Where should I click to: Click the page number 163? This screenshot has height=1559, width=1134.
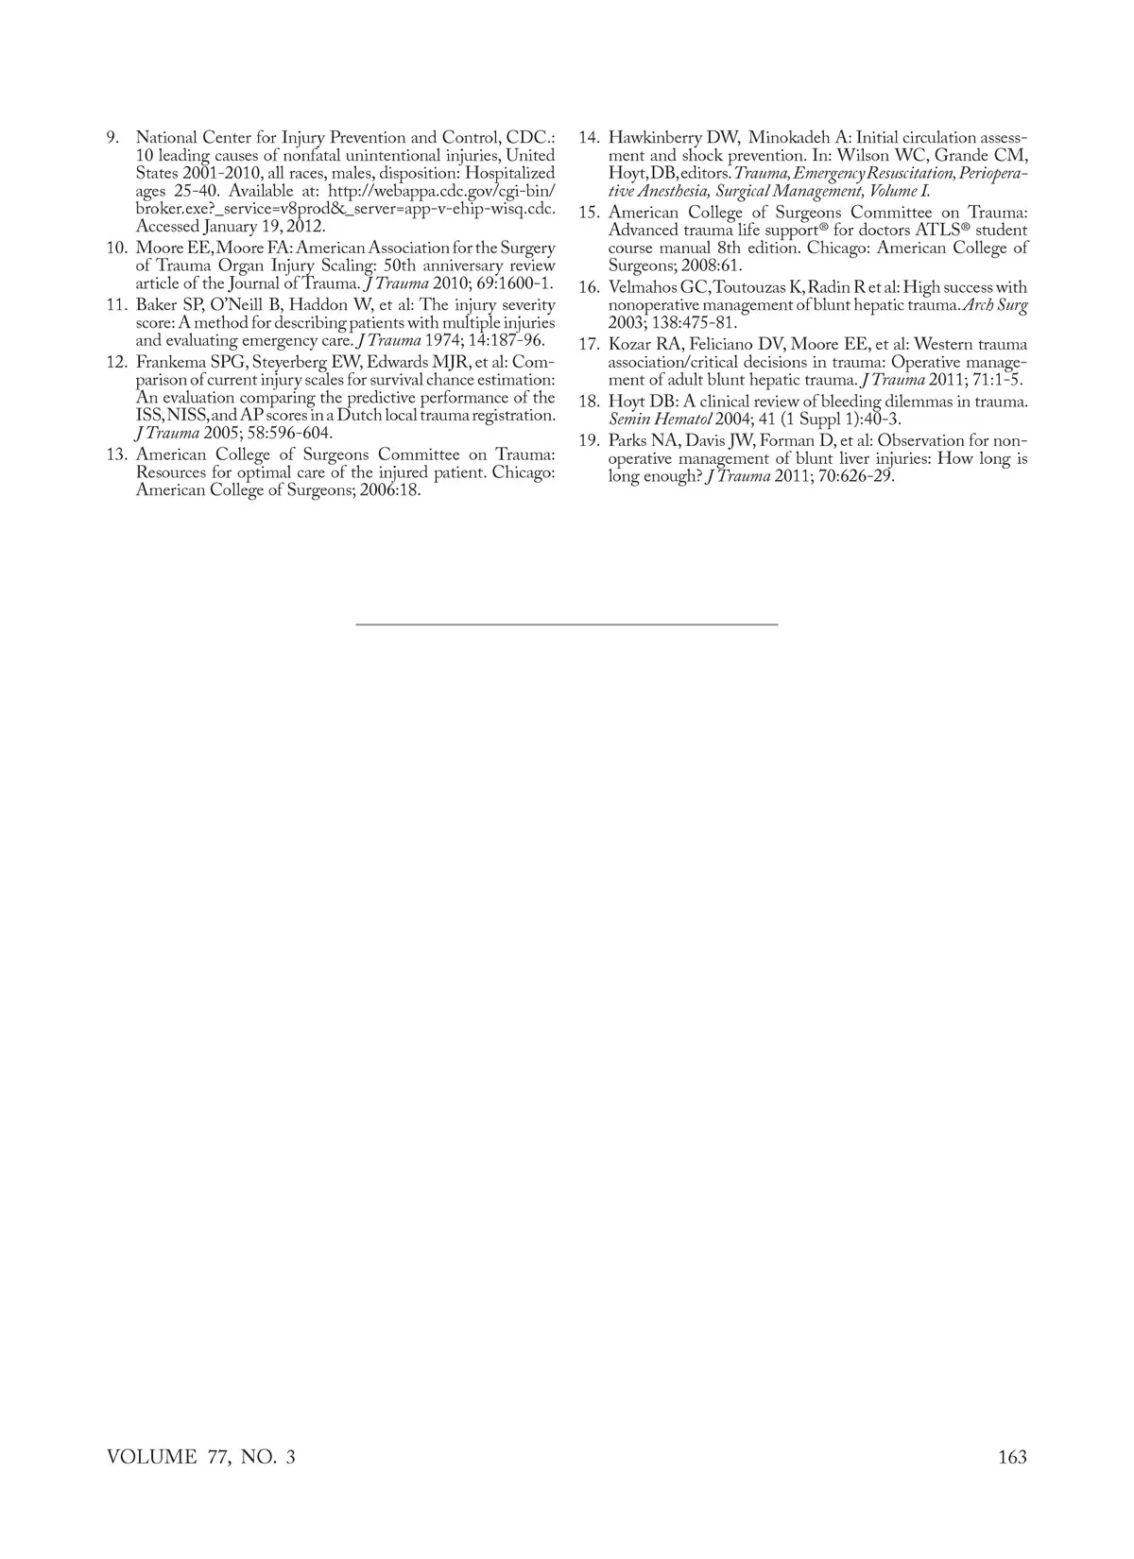click(1011, 1457)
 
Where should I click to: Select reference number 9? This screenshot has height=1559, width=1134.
click(112, 138)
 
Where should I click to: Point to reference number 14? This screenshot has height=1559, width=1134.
click(589, 138)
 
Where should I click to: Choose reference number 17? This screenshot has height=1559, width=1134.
click(589, 345)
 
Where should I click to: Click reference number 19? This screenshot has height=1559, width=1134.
click(589, 441)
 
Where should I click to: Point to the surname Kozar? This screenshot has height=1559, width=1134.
click(627, 345)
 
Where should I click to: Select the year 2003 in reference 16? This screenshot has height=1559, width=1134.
click(627, 323)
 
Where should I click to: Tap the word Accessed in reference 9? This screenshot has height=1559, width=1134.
click(168, 227)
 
